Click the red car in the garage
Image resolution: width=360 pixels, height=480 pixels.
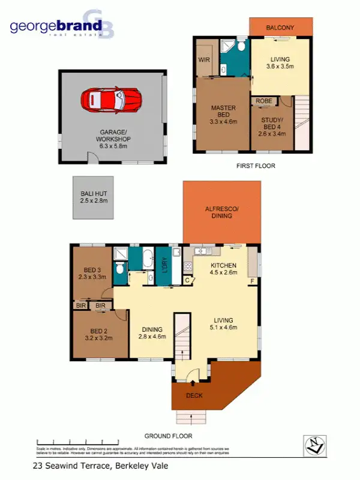(111, 99)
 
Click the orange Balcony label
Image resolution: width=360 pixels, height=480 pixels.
(280, 27)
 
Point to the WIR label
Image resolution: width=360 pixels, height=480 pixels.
(203, 60)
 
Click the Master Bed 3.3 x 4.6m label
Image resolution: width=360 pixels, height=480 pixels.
(223, 115)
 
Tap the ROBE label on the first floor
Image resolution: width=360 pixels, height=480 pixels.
(263, 101)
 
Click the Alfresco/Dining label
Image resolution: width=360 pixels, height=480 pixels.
(221, 212)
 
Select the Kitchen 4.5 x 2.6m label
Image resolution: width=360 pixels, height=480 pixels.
(223, 268)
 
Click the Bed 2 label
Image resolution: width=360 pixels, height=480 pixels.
(99, 334)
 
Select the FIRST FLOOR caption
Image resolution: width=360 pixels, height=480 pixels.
(256, 166)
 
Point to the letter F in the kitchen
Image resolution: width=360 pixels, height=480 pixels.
(252, 280)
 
